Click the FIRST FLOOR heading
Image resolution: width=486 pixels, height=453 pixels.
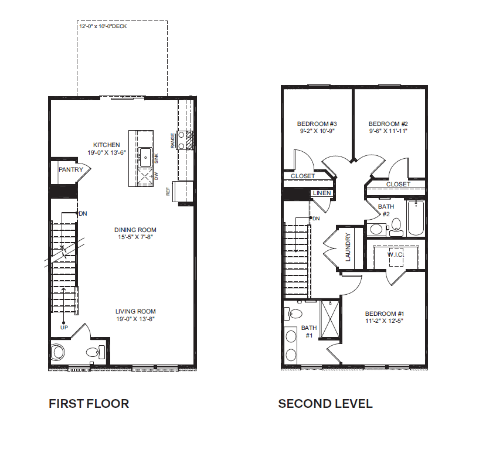click(89, 404)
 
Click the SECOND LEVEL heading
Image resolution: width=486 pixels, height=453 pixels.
click(325, 404)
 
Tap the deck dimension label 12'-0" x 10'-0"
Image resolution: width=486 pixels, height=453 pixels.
click(103, 26)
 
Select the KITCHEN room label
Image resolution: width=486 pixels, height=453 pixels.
click(107, 145)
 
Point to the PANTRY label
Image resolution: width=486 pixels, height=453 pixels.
click(70, 169)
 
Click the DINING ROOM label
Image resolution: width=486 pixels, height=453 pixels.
click(135, 230)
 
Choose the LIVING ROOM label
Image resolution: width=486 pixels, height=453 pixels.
click(135, 312)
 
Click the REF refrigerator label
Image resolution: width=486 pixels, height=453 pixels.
click(168, 191)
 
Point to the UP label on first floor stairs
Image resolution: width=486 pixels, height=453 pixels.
click(64, 327)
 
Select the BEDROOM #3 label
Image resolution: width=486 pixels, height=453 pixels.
click(317, 124)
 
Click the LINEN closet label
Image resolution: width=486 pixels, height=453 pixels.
click(322, 193)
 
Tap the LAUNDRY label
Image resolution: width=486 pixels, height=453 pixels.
click(348, 248)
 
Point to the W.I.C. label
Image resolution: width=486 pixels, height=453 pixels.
click(397, 255)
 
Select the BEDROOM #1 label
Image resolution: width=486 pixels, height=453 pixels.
click(384, 314)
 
